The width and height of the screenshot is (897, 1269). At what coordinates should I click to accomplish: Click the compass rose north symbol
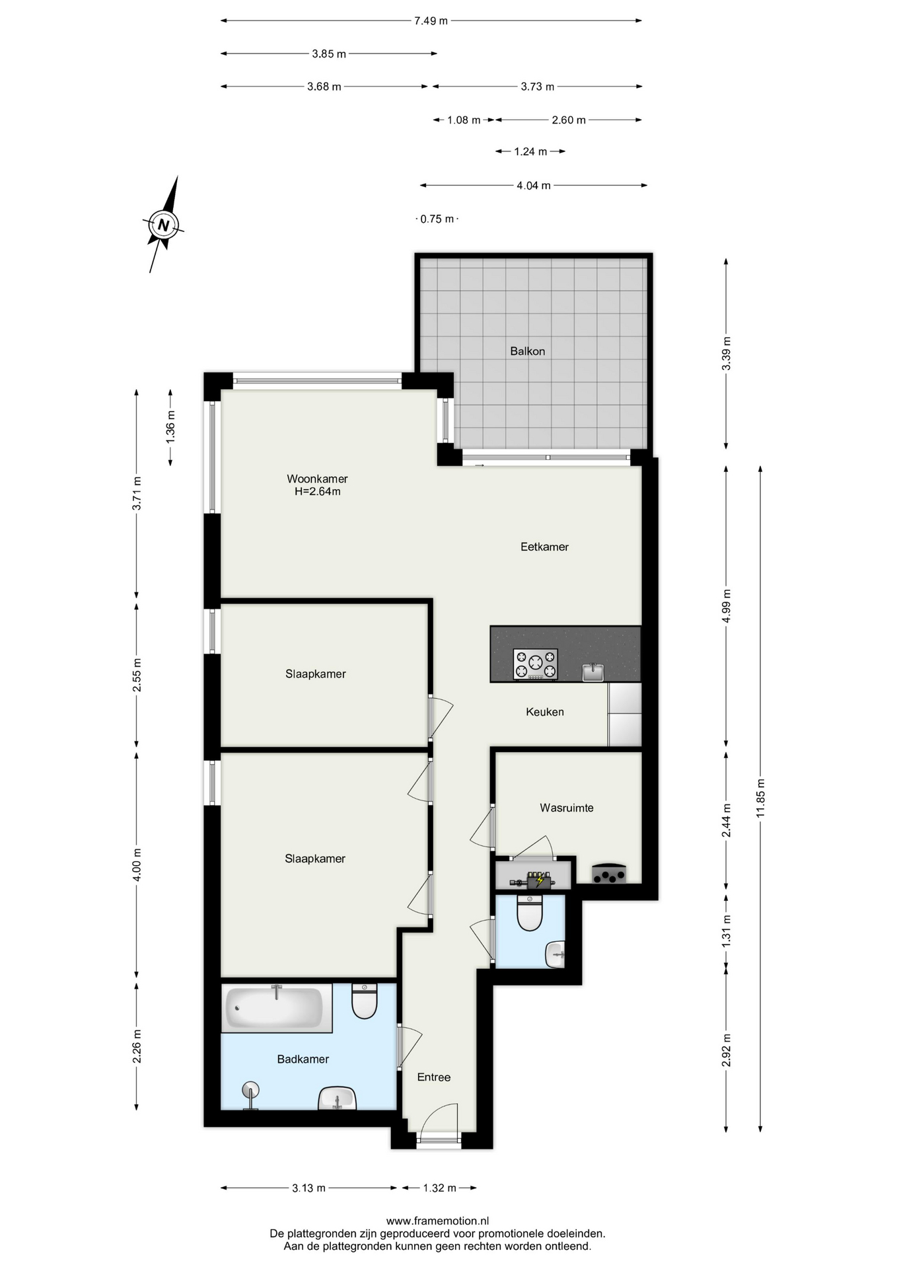tap(163, 225)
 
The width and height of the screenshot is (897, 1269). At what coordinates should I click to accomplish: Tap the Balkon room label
tap(527, 351)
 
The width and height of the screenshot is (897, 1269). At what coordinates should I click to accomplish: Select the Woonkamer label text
tap(317, 479)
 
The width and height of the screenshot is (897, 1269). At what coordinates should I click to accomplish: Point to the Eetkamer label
tap(544, 547)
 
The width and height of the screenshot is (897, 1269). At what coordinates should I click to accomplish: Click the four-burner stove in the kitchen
tap(535, 664)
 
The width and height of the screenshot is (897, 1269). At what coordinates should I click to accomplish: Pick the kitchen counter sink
tap(593, 672)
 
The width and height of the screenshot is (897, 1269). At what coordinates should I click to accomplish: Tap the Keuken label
tap(545, 712)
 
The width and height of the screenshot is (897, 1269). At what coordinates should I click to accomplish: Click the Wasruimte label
tap(567, 808)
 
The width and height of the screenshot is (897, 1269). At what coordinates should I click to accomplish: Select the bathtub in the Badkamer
tap(276, 1008)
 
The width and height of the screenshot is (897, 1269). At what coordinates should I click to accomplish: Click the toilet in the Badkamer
tap(364, 1001)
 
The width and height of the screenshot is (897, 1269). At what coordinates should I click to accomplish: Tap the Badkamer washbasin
tap(338, 1098)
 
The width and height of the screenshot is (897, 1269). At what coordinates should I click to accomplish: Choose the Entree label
tap(434, 1077)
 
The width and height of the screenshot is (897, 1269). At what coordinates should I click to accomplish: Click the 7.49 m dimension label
tap(431, 20)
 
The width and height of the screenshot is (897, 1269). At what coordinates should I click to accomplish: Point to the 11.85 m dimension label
tap(760, 798)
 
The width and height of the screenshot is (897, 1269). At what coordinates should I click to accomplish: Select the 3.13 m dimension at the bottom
tap(308, 1188)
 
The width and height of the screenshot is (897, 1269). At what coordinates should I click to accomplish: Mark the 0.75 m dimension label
tap(437, 219)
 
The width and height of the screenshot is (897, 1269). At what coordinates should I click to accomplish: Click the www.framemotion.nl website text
tap(437, 1221)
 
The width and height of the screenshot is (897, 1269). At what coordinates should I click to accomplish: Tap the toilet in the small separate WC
tap(530, 913)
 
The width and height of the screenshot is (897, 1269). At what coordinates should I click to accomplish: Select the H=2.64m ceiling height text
tap(317, 492)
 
